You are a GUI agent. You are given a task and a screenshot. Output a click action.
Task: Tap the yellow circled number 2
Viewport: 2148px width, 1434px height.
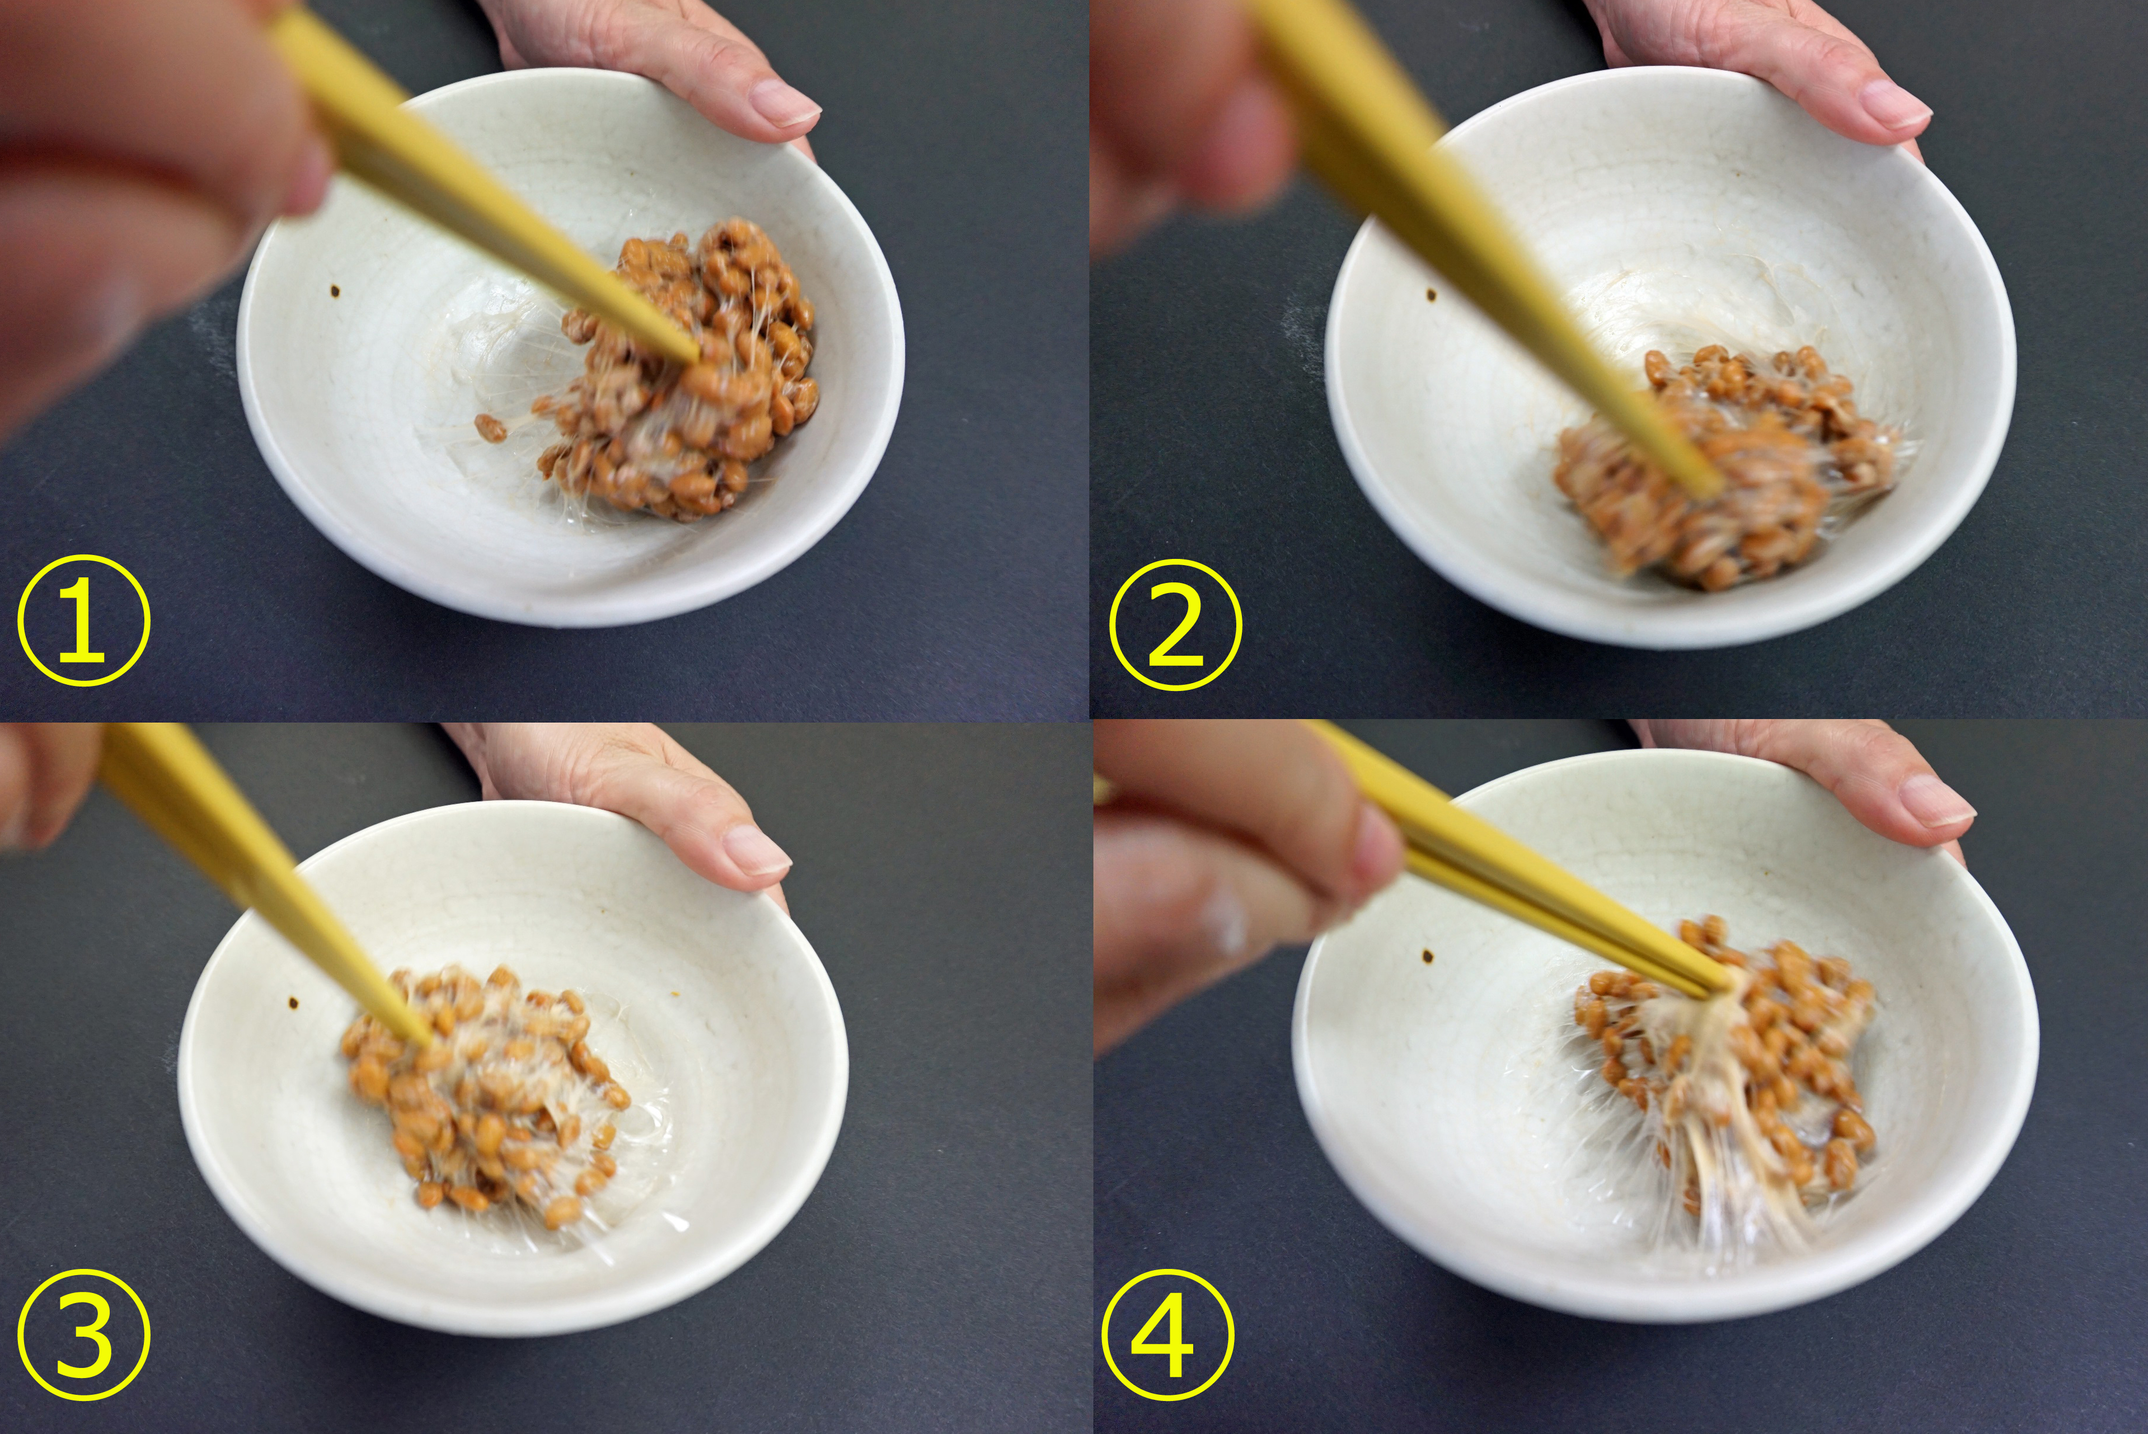click(x=1175, y=624)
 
